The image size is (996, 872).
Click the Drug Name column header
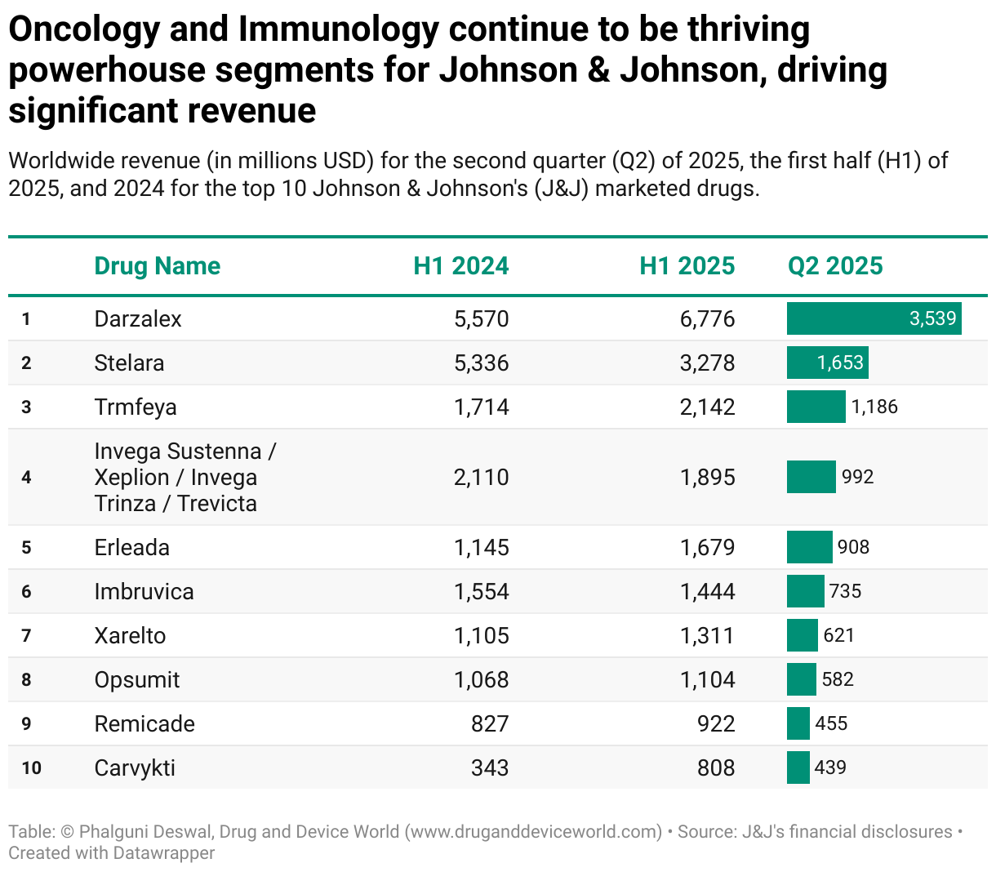157,266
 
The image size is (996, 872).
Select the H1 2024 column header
460,266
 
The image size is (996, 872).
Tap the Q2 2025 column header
834,266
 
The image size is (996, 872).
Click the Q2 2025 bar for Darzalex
874,318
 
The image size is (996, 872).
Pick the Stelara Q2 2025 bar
827,363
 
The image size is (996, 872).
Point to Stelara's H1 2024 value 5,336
481,363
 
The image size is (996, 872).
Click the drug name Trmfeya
136,407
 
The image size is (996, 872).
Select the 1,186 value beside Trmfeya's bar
874,407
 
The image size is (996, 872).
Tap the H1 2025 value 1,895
707,477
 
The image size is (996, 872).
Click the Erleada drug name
132,547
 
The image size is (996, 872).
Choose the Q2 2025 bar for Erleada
809,547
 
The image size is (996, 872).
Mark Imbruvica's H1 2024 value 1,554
481,591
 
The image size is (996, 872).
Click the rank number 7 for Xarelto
26,635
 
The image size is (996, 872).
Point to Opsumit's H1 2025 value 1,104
707,679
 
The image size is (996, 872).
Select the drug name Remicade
145,723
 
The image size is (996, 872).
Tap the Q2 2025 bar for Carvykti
798,767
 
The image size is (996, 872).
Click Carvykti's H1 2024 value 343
490,767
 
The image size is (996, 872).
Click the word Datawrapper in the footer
164,853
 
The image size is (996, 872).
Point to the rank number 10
31,767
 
